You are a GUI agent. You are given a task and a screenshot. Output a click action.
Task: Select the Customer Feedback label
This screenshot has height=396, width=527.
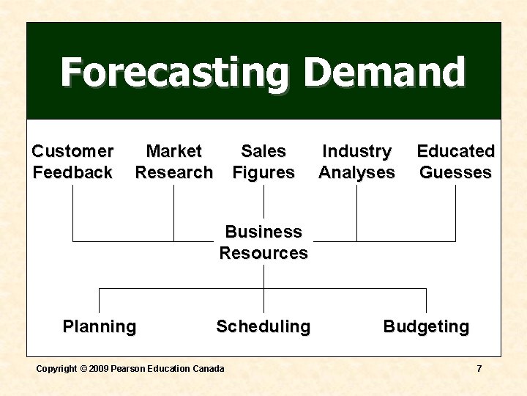(x=72, y=162)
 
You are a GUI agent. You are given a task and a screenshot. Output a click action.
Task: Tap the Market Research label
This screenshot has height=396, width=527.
(x=173, y=162)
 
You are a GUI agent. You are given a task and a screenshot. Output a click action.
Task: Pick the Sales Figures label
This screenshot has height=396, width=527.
(x=263, y=162)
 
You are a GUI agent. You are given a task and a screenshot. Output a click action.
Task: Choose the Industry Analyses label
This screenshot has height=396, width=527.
(x=356, y=162)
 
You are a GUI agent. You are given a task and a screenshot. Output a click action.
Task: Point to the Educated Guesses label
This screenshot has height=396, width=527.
(x=455, y=162)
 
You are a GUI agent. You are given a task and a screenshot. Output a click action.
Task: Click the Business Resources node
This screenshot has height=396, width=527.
(x=263, y=243)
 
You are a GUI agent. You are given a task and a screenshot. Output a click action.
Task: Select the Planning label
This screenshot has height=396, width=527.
(x=100, y=326)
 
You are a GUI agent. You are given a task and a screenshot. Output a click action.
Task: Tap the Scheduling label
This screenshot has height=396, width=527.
(x=263, y=326)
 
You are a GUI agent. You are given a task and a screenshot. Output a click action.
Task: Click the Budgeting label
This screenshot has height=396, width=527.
(x=426, y=326)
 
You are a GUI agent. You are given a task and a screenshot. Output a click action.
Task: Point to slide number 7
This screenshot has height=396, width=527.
(x=479, y=368)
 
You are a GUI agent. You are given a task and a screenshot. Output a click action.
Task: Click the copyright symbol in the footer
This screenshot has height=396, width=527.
(x=83, y=368)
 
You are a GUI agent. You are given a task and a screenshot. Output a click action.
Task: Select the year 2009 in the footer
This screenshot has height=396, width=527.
(x=99, y=368)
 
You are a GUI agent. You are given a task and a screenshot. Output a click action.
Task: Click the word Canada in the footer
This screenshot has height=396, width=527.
(x=209, y=368)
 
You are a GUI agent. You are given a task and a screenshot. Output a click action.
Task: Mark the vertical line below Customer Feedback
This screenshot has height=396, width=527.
(x=72, y=213)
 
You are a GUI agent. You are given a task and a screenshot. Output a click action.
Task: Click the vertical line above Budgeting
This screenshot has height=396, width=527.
(x=426, y=301)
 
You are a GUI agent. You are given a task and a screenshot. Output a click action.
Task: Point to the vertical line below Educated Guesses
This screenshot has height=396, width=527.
(x=455, y=213)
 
